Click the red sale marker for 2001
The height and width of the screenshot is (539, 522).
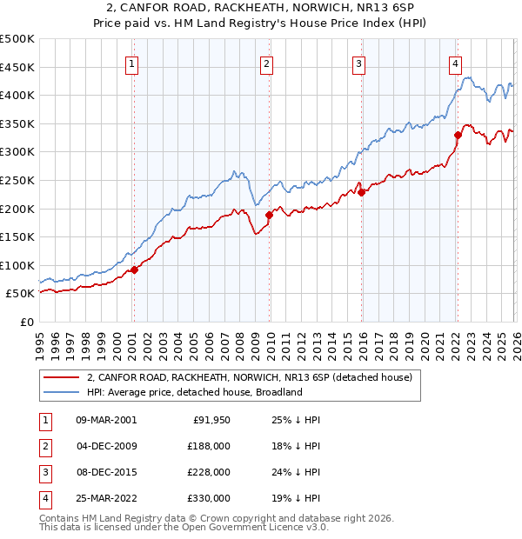[134, 269]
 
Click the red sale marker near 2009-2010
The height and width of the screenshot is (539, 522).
[269, 215]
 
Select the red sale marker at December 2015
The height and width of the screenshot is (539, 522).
[361, 193]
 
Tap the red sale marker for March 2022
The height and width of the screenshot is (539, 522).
[458, 135]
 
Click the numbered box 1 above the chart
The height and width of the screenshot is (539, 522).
[131, 63]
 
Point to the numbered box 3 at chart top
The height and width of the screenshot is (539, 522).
[358, 63]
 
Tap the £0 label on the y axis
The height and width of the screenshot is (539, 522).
[25, 322]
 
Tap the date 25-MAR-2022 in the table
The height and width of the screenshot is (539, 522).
[106, 497]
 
